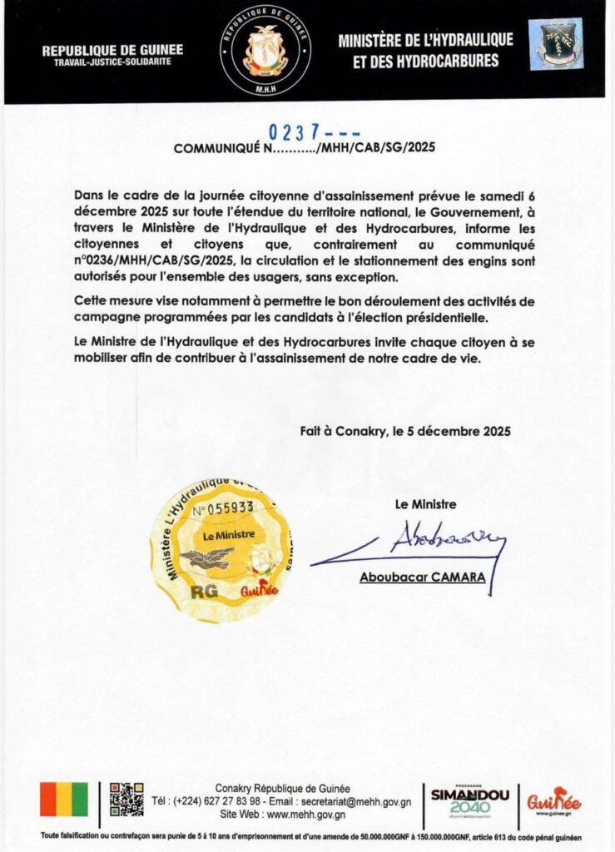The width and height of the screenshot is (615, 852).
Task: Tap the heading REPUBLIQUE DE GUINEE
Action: point(112,50)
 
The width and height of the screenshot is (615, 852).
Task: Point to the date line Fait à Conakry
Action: point(405,431)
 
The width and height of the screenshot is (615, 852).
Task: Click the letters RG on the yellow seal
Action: point(200,592)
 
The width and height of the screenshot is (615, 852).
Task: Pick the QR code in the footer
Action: point(126,799)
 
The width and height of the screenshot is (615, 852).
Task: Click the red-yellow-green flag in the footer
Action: point(63,799)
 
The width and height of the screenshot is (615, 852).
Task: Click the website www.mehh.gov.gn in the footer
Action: point(305,815)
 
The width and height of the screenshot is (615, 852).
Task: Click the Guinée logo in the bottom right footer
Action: point(553,801)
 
